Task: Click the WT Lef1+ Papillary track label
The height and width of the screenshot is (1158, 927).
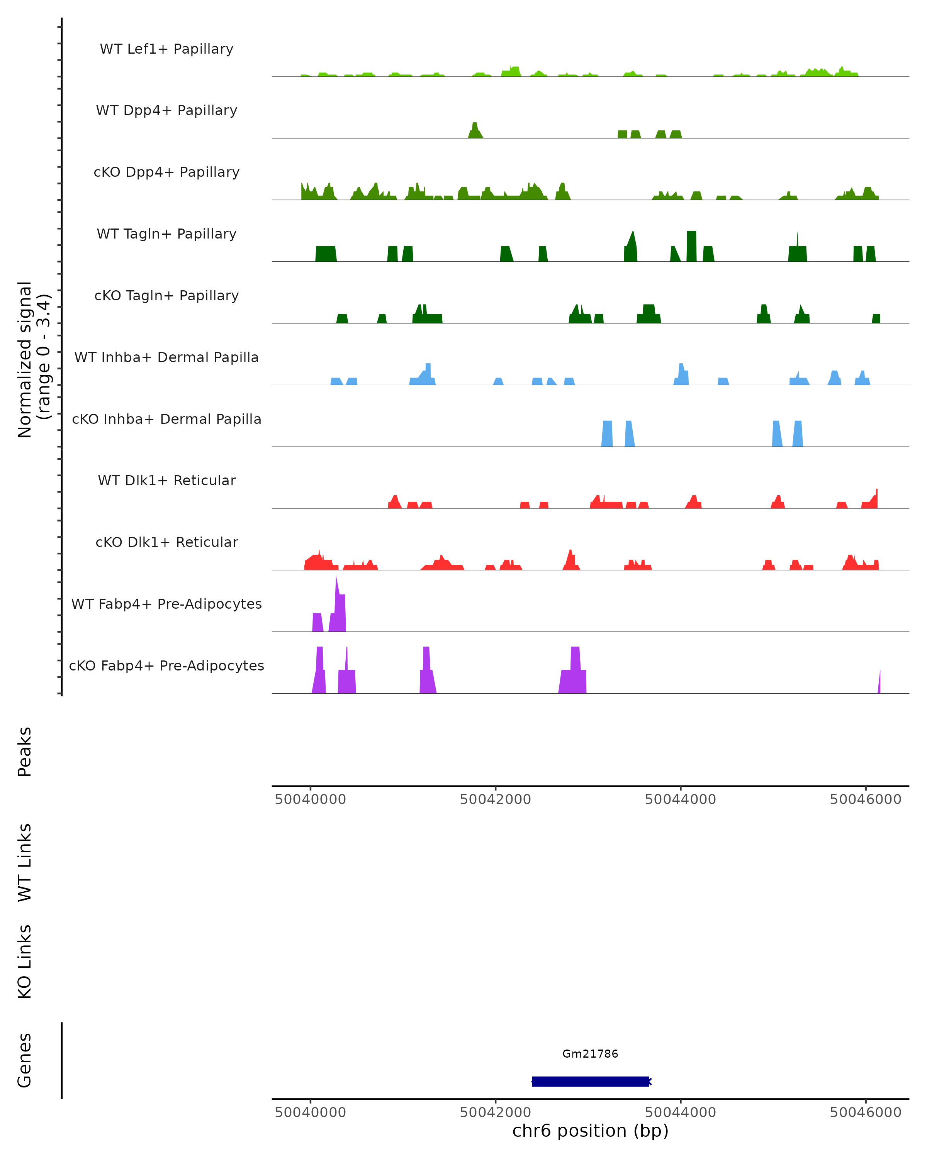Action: click(x=166, y=49)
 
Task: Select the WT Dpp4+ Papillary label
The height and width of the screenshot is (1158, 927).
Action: click(x=166, y=111)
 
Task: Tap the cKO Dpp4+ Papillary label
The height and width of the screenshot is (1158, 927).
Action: click(x=166, y=173)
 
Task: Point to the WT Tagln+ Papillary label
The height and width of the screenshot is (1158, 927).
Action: click(x=166, y=234)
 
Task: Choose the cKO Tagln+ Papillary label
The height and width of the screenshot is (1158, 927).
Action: click(x=166, y=296)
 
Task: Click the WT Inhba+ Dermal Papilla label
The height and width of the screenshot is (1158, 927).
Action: click(x=166, y=358)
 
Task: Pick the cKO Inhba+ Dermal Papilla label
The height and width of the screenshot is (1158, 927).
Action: click(x=166, y=420)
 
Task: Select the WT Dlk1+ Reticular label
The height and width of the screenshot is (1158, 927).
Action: click(x=166, y=481)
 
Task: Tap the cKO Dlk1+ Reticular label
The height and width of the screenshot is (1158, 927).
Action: click(x=166, y=542)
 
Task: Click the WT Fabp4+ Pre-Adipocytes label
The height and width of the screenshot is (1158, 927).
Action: click(x=166, y=604)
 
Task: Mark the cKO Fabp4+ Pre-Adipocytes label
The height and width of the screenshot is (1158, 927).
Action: click(x=166, y=666)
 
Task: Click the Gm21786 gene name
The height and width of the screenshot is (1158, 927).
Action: click(x=590, y=1054)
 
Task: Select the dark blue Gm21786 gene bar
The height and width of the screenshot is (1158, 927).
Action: click(x=590, y=1082)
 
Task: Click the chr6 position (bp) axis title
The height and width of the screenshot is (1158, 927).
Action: click(x=590, y=1131)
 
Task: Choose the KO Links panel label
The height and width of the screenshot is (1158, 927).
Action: click(x=25, y=962)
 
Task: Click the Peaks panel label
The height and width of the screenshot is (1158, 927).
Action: click(x=25, y=752)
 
